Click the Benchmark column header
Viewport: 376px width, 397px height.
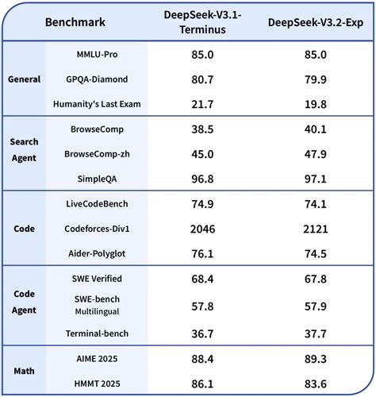tap(78, 23)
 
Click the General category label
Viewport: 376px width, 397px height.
tap(25, 79)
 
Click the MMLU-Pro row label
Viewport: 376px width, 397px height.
tap(97, 56)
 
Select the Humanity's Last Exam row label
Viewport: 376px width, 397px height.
tap(97, 104)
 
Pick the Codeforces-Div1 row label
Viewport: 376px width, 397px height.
tap(97, 228)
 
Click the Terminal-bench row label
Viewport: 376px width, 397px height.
tap(97, 333)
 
